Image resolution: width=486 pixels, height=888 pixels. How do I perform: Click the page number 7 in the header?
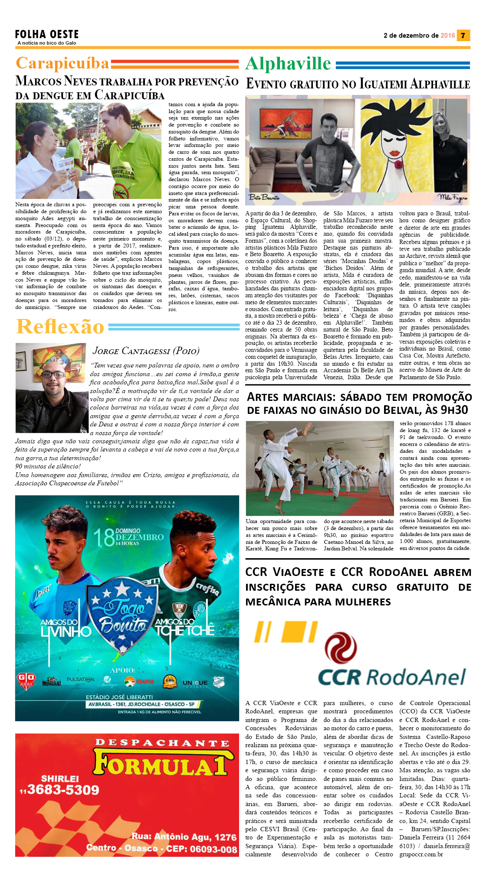(463, 36)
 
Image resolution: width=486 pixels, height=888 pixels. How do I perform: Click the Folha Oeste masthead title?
(47, 34)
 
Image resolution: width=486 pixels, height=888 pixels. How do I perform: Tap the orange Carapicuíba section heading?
(62, 63)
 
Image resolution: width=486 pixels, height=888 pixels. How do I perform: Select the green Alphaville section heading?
(288, 64)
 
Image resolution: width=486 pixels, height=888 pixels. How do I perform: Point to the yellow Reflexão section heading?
(60, 326)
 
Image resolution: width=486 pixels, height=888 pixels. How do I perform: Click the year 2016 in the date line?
(447, 36)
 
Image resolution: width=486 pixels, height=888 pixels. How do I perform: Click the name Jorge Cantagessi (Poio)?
(146, 350)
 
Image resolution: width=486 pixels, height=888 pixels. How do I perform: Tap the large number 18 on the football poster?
(104, 538)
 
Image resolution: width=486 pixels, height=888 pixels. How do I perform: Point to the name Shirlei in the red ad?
(60, 778)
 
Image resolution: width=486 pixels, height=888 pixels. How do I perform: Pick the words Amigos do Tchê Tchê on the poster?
(185, 626)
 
